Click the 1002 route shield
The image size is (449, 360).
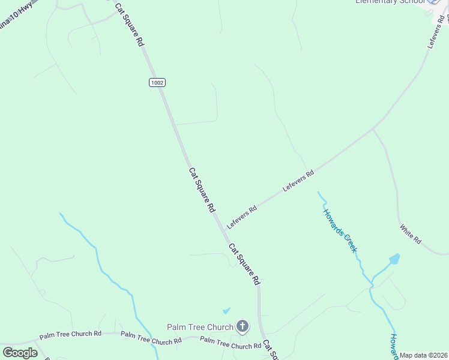(x=157, y=83)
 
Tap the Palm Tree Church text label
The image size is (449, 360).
(x=200, y=327)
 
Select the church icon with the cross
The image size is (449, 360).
(x=242, y=327)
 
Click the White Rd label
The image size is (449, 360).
(x=410, y=233)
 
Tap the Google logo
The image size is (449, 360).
(x=20, y=352)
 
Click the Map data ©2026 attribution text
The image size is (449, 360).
(x=424, y=355)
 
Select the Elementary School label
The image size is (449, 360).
(x=390, y=2)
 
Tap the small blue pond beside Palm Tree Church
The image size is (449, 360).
(x=226, y=311)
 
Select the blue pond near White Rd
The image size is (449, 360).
(x=394, y=259)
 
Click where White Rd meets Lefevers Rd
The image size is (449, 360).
(x=373, y=128)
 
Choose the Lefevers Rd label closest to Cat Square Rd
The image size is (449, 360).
(x=241, y=216)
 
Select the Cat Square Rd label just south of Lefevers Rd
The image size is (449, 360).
(x=244, y=263)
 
